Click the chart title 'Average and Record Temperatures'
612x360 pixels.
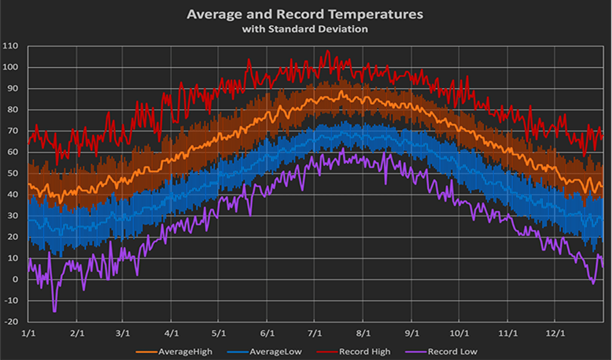305,14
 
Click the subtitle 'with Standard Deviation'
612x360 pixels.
305,28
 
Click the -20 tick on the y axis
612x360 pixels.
10,321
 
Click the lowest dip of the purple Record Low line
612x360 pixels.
54,311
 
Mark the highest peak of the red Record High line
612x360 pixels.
327,51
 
